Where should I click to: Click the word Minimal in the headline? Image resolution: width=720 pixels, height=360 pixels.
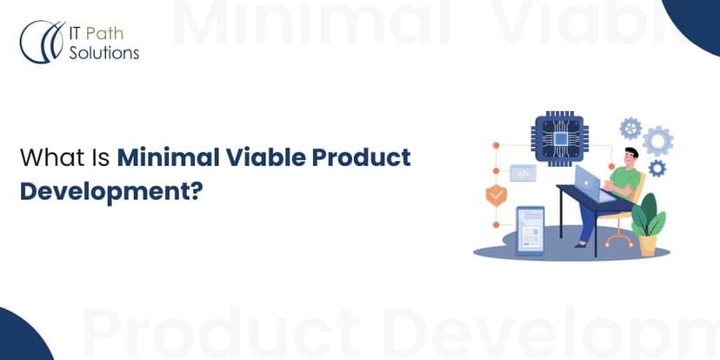(168, 157)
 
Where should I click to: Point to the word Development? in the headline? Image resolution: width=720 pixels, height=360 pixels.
(111, 191)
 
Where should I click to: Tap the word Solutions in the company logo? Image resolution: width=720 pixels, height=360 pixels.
(104, 53)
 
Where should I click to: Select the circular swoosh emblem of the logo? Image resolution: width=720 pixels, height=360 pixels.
(43, 42)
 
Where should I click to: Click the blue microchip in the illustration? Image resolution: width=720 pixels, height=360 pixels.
(559, 138)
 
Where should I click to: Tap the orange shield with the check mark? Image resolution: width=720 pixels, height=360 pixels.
(496, 195)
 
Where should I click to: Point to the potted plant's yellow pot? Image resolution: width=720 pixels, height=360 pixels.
(648, 246)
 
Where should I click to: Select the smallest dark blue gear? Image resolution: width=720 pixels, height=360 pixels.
(657, 169)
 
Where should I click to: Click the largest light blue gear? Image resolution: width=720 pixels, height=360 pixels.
(657, 141)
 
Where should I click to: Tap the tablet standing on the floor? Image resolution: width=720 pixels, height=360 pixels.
(530, 230)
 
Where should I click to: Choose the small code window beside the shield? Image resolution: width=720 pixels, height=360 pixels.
(523, 173)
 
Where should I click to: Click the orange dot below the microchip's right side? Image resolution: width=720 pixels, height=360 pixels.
(611, 166)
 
